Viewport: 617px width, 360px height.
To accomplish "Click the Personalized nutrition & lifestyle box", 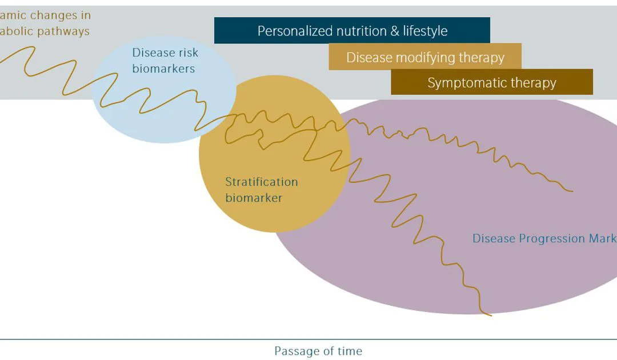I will pos(352,30).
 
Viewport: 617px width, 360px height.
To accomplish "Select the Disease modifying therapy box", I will pos(425,57).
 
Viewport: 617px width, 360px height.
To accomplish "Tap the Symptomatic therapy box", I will pos(492,82).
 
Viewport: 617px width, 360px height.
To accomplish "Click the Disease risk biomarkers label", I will pos(165,61).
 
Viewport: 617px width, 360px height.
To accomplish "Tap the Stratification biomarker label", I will pos(261,190).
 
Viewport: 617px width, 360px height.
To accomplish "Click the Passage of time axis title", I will pos(318,351).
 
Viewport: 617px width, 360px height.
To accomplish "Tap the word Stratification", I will pos(261,182).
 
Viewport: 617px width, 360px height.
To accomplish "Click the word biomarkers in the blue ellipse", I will pos(163,69).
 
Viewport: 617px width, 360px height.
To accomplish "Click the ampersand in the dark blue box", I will pos(395,31).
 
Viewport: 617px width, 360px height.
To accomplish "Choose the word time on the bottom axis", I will pos(349,351).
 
